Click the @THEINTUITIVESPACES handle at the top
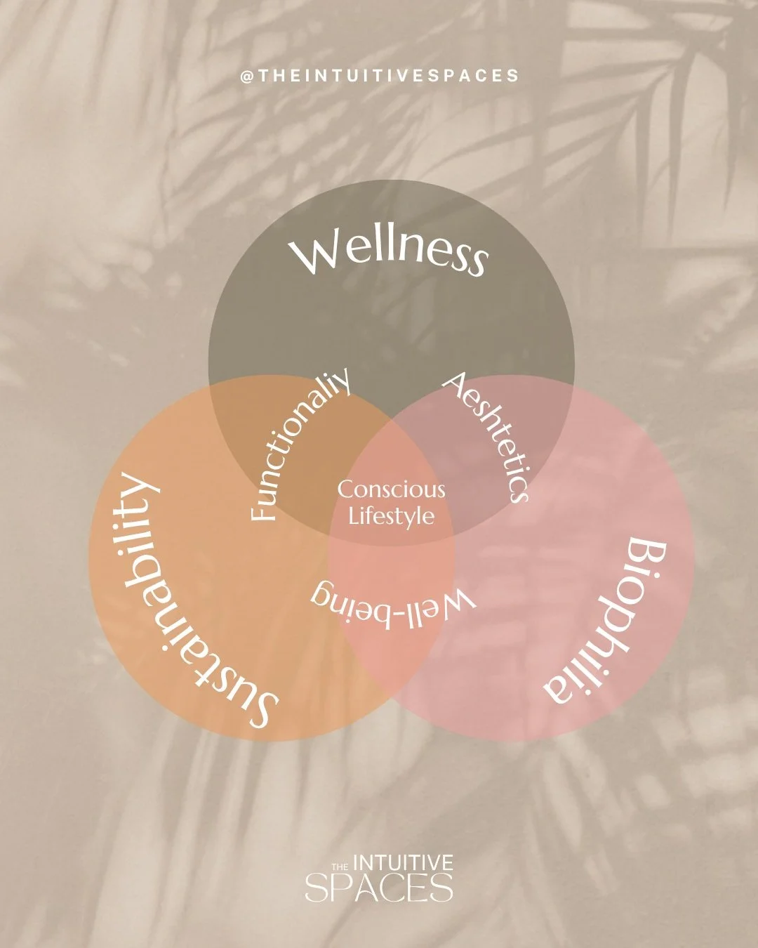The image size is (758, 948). [x=380, y=77]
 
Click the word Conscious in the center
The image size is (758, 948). [x=392, y=489]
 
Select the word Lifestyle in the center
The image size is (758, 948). [x=392, y=517]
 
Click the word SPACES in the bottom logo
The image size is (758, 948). [x=379, y=888]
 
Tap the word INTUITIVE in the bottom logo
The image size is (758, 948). [x=402, y=862]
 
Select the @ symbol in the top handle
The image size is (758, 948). [x=246, y=77]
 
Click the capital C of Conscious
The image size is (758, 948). [x=345, y=489]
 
